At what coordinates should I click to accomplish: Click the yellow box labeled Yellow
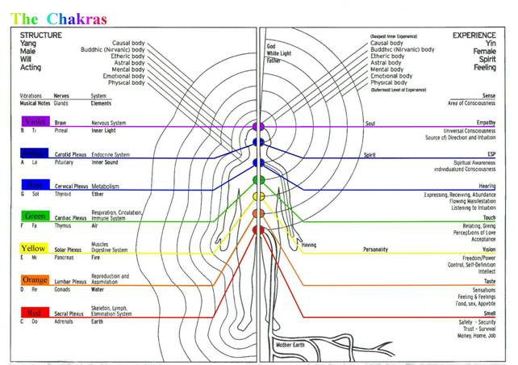[x=34, y=249]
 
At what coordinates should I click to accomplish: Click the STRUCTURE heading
[x=40, y=36]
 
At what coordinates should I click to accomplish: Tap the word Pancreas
[x=66, y=257]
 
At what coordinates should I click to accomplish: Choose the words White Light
[x=279, y=52]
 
